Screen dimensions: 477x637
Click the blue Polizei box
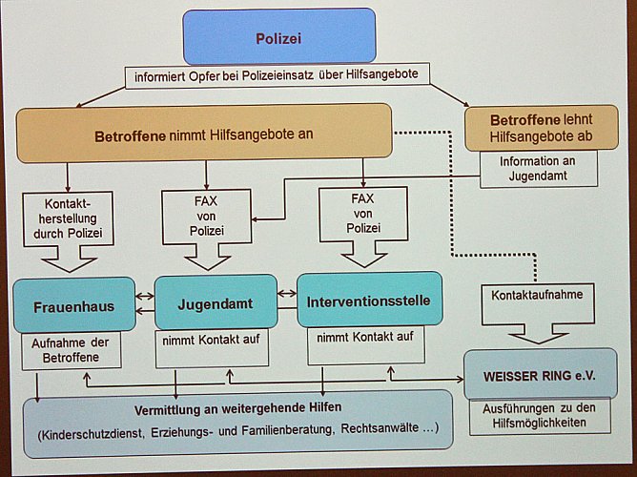pyautogui.click(x=278, y=37)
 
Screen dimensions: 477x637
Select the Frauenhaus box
pyautogui.click(x=73, y=306)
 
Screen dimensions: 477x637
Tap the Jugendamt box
pyautogui.click(x=216, y=302)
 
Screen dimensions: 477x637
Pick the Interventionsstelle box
pyautogui.click(x=368, y=301)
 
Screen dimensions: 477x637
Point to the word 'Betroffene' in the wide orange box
pyautogui.click(x=131, y=135)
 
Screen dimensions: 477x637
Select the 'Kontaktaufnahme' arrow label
pyautogui.click(x=537, y=295)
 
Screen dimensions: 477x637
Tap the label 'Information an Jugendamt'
pyautogui.click(x=536, y=168)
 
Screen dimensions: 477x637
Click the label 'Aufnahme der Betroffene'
pyautogui.click(x=73, y=350)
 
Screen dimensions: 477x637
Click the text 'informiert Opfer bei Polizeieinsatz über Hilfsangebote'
pyautogui.click(x=277, y=74)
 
